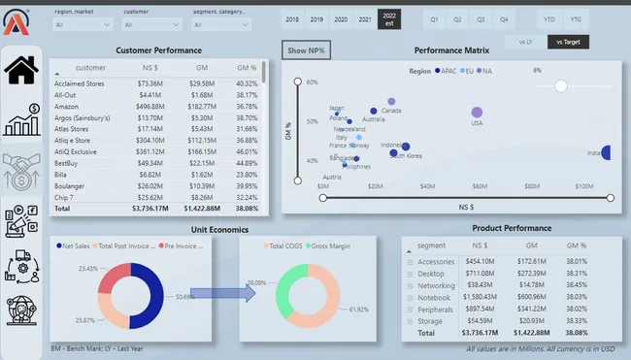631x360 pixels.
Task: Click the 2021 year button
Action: pos(364,18)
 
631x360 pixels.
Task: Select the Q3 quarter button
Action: pos(481,18)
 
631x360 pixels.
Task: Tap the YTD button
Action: pos(548,18)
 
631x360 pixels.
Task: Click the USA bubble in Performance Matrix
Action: pos(477,115)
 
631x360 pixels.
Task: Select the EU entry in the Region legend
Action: pos(469,71)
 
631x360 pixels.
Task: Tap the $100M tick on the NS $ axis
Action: pos(583,184)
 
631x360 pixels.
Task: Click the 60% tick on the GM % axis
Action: pos(313,82)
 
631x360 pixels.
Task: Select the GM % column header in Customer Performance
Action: pos(247,68)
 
